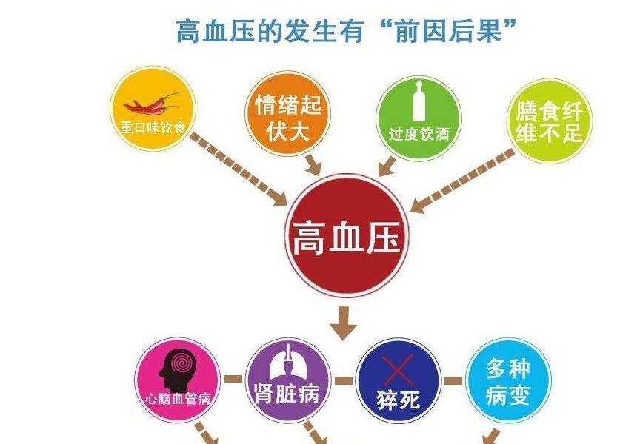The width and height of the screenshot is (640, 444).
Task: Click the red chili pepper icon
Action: [151, 104]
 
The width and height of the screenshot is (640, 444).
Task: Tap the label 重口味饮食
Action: [153, 127]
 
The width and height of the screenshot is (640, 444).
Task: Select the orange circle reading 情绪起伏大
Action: [287, 113]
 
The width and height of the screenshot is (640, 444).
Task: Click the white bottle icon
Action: [419, 101]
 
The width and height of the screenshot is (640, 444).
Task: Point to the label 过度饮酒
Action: [419, 134]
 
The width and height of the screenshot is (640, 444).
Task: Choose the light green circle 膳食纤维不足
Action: [550, 121]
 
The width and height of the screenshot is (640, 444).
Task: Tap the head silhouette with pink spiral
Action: [177, 370]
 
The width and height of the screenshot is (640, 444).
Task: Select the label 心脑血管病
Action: [179, 398]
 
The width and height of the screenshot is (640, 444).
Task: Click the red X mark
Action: [398, 370]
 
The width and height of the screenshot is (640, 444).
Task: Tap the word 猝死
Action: [398, 399]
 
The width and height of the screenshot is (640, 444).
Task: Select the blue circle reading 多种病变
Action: [508, 381]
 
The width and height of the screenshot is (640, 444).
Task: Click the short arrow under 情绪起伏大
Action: [313, 164]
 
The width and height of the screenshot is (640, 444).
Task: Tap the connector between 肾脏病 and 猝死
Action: [343, 381]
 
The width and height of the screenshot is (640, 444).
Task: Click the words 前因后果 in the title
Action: [448, 30]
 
